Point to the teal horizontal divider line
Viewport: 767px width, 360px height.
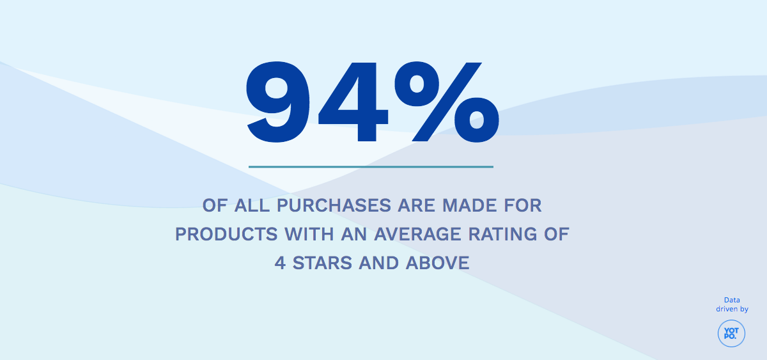point(371,167)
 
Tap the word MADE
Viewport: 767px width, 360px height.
point(464,206)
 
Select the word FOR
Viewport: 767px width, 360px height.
point(522,206)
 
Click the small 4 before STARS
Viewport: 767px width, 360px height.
point(280,263)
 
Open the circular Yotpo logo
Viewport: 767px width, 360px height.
point(731,333)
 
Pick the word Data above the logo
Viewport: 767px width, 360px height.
point(732,300)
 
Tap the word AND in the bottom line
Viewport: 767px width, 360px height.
point(381,263)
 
